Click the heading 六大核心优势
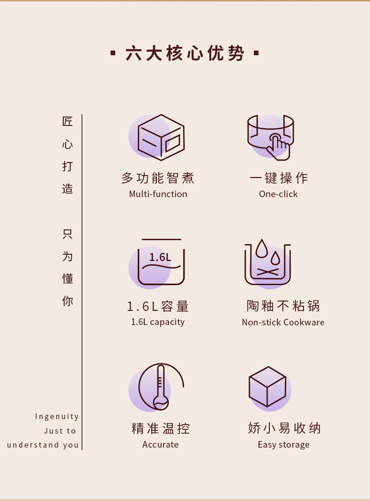tap(185, 53)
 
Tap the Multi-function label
tap(158, 194)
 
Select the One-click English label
tap(278, 194)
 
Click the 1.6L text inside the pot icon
tap(160, 257)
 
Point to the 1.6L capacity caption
tap(158, 322)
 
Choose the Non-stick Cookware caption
tap(283, 322)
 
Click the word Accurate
tap(160, 444)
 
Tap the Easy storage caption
tap(284, 445)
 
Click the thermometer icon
tap(161, 387)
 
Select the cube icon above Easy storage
tap(267, 387)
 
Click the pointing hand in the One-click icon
tap(278, 147)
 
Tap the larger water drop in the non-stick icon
tap(262, 249)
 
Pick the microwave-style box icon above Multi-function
tap(161, 137)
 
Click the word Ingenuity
tap(57, 416)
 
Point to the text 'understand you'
tap(43, 445)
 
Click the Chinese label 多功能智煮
tap(158, 178)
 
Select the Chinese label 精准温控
tap(161, 428)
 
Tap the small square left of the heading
tap(113, 53)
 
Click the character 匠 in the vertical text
tap(67, 121)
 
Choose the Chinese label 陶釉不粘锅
tap(283, 306)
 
